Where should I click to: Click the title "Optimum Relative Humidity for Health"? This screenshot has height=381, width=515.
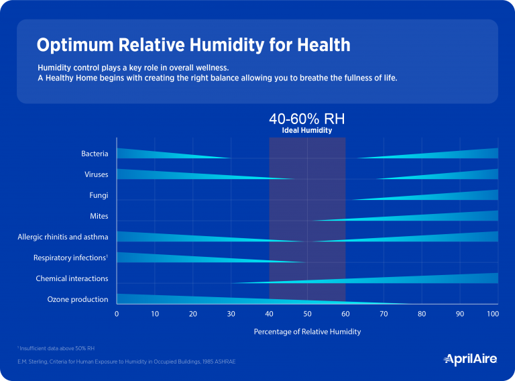pos(193,45)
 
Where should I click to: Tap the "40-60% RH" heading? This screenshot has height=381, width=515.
pos(306,119)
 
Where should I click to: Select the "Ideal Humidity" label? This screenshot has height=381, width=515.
pos(306,131)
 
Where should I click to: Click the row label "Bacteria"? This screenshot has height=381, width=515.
pos(95,154)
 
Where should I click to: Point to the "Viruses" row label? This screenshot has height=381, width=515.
pos(96,174)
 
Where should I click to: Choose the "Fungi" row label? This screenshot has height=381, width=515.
pos(99,196)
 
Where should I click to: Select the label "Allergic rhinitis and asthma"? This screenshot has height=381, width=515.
pos(63,237)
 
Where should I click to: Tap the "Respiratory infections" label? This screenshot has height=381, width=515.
pos(70,258)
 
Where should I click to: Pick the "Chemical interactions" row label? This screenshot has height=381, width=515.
pos(72,278)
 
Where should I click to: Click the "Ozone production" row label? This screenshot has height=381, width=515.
pos(77,299)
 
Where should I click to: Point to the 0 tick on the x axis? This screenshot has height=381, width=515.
pos(117,314)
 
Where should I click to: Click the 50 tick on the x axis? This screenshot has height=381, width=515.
pos(306,314)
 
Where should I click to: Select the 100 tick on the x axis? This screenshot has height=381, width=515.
pos(494,314)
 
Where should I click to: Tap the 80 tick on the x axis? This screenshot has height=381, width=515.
pos(421,314)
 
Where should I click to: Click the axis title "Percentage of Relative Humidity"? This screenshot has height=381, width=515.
pos(306,332)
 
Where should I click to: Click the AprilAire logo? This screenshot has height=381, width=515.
pos(471,360)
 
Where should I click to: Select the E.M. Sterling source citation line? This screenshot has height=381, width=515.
pos(126,362)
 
